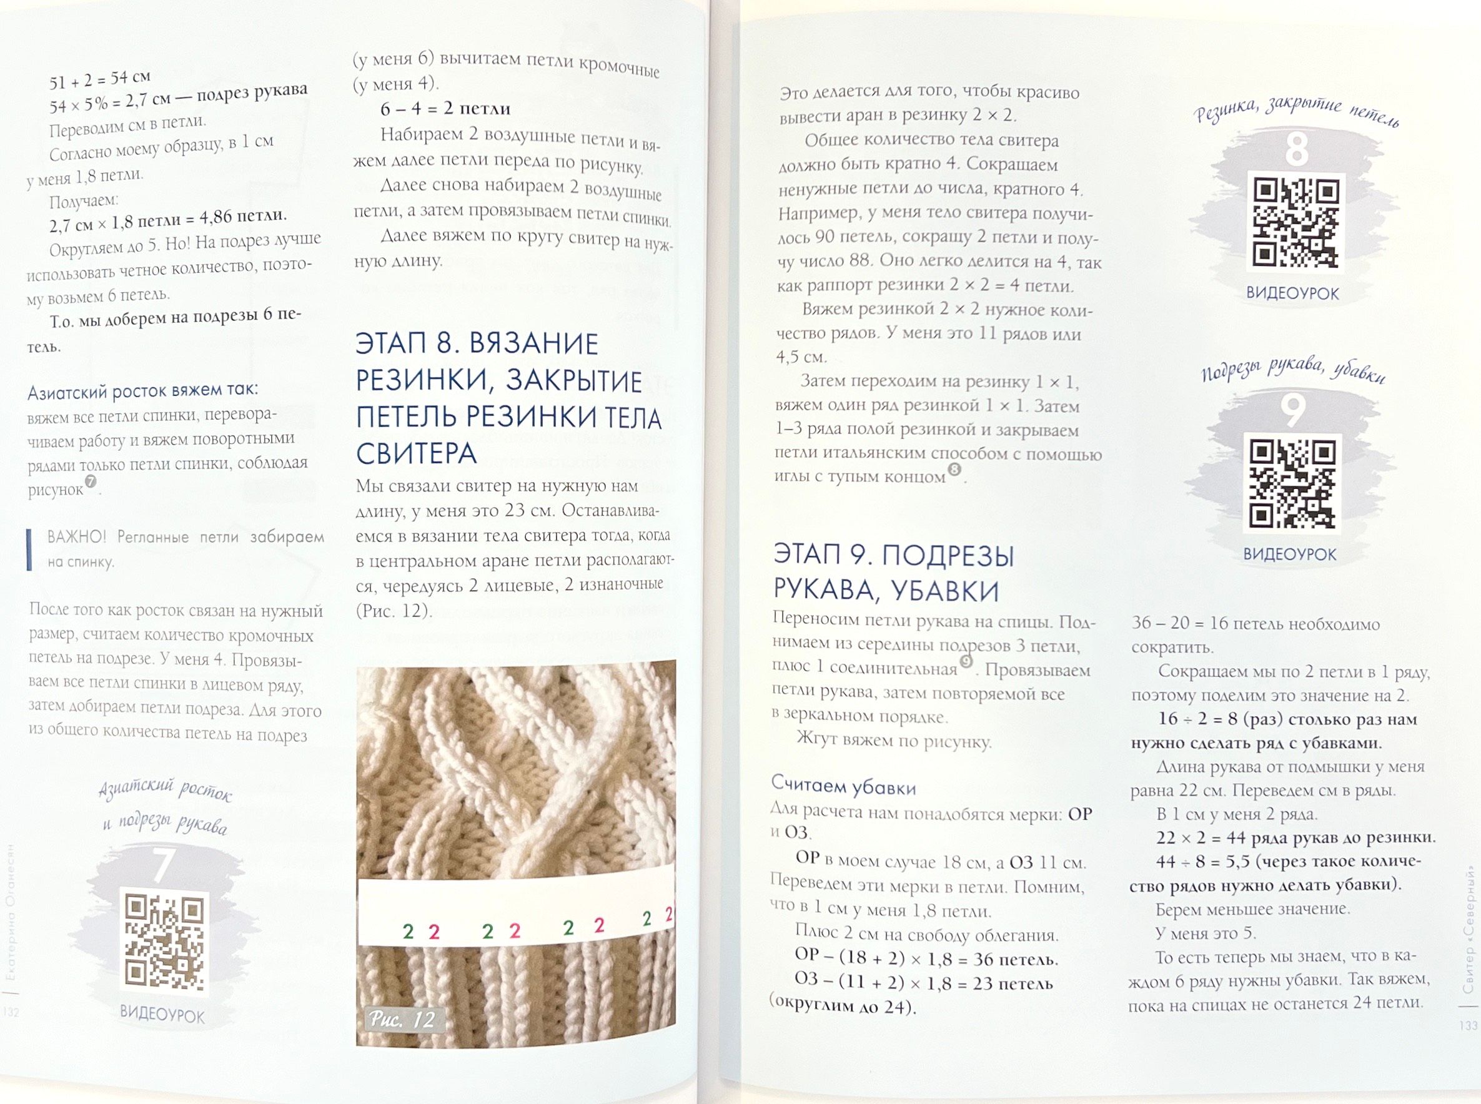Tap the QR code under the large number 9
coord(1292,485)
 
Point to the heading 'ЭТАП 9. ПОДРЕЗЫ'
coord(894,555)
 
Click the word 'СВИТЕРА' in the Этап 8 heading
coord(416,454)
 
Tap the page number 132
coord(11,1012)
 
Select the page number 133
coord(1469,1025)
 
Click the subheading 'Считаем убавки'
coord(843,786)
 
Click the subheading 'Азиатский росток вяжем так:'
coord(142,391)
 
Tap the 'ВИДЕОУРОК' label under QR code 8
coord(1292,293)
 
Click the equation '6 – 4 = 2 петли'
coord(446,109)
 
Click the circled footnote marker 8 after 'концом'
coord(954,470)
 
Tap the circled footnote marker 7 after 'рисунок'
coord(90,482)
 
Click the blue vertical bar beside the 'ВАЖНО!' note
coord(29,550)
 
